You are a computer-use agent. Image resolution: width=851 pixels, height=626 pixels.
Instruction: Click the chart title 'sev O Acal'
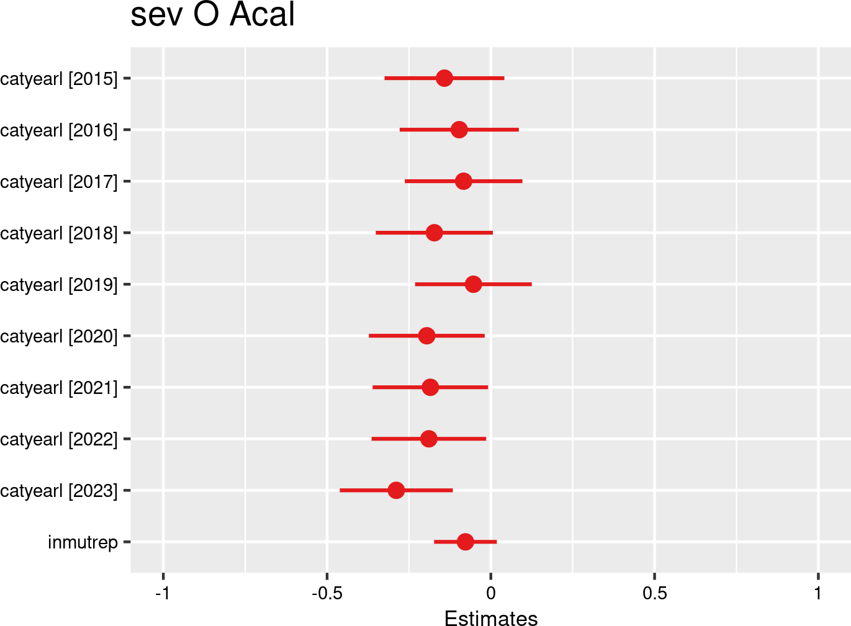point(212,15)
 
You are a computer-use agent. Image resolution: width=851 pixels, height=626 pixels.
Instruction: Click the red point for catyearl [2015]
point(444,78)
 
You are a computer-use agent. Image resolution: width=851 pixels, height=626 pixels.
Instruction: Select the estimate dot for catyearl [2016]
point(459,130)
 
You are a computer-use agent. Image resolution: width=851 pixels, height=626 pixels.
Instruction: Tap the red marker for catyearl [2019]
point(473,284)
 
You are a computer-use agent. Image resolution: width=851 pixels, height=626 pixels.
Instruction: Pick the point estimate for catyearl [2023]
point(396,490)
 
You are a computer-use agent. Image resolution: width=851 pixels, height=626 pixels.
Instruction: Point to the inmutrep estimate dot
point(465,542)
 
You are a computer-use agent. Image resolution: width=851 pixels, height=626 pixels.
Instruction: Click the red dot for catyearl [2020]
point(426,336)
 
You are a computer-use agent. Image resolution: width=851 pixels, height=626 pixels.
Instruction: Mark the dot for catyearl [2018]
point(435,233)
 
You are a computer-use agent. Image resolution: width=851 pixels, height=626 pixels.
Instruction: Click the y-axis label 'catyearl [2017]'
point(59,182)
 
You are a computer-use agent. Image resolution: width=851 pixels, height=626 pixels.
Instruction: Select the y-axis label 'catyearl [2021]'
point(59,388)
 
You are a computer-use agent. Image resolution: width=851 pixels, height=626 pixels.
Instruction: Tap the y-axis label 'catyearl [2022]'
point(59,439)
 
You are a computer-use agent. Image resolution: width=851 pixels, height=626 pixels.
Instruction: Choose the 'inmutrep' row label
point(83,542)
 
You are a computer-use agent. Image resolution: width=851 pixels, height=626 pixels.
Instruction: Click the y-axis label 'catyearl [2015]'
point(59,79)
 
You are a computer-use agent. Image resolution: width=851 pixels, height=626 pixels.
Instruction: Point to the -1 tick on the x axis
point(163,593)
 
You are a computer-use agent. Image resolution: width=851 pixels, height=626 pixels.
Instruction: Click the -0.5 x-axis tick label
point(326,593)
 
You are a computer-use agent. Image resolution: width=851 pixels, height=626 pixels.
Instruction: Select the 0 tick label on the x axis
point(491,593)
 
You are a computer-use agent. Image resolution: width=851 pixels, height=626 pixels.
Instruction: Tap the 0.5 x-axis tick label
point(654,593)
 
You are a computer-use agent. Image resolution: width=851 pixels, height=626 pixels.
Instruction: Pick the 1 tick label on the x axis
point(818,593)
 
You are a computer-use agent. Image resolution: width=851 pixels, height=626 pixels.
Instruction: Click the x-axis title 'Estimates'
point(491,619)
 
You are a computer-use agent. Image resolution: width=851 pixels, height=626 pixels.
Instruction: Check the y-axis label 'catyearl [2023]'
point(59,491)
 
